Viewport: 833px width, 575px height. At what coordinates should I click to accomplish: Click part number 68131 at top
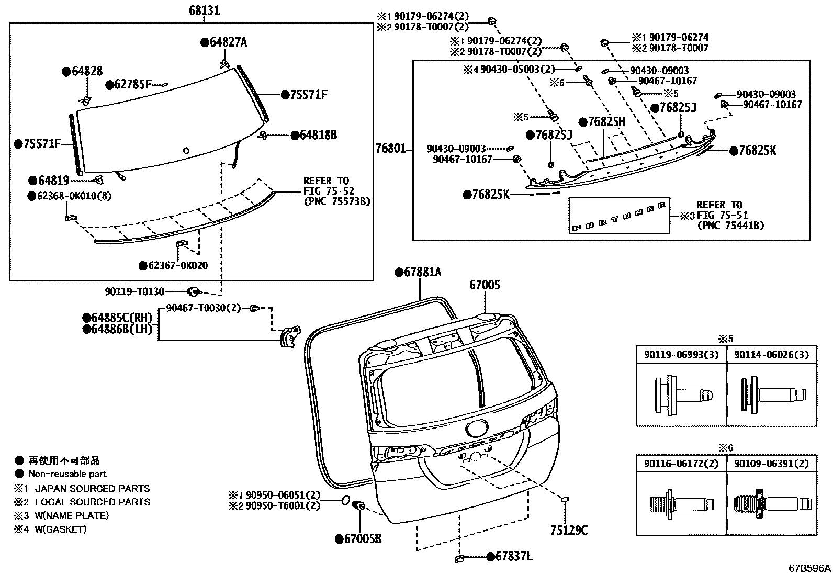(x=204, y=10)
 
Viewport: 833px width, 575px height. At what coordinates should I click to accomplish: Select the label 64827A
(x=228, y=42)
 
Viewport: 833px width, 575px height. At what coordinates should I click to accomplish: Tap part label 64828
(x=86, y=72)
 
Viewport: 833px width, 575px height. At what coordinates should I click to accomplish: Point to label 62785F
(x=132, y=85)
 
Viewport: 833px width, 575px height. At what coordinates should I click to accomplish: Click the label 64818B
(x=318, y=135)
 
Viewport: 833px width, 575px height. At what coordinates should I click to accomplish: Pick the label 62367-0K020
(x=177, y=266)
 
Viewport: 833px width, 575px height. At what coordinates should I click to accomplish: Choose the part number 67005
(x=485, y=285)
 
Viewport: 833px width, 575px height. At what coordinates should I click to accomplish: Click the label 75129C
(x=569, y=531)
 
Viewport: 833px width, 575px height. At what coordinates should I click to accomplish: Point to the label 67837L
(x=513, y=557)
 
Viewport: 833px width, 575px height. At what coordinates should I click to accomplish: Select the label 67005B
(x=363, y=539)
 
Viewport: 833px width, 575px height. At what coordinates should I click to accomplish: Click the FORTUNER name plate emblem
(x=620, y=216)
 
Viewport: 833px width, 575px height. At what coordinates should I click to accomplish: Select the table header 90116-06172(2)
(x=681, y=464)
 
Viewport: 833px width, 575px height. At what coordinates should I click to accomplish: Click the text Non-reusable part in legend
(x=67, y=474)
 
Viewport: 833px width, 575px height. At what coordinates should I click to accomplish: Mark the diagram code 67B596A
(x=810, y=568)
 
